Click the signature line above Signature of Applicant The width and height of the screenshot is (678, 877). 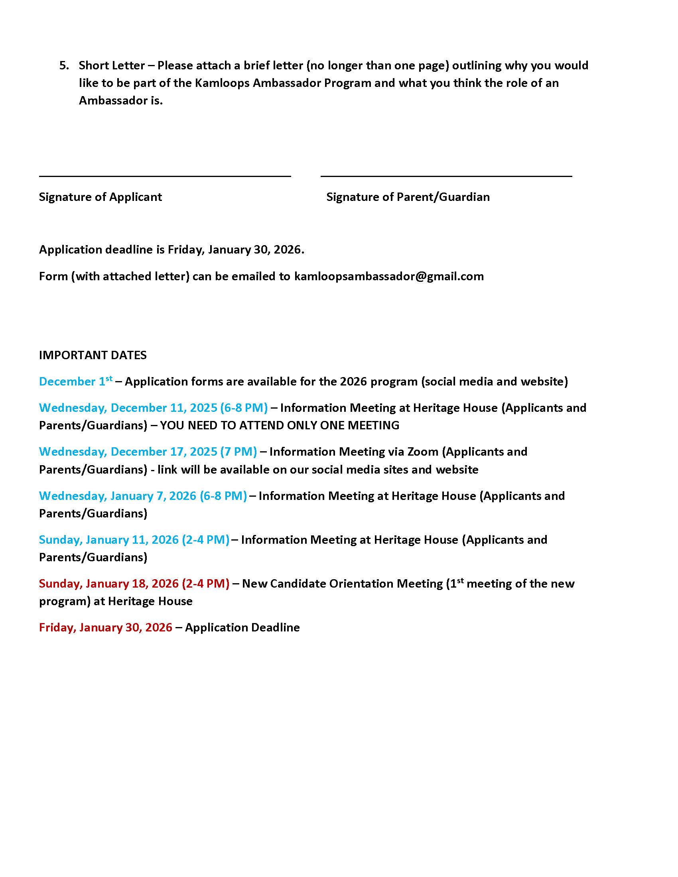click(x=165, y=176)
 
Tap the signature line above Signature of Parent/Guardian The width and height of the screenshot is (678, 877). click(x=446, y=176)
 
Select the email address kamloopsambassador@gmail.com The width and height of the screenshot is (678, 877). click(x=389, y=276)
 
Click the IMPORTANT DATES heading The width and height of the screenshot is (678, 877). click(x=93, y=355)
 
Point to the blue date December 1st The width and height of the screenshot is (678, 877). click(x=75, y=381)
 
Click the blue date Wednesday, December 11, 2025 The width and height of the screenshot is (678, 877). click(x=128, y=407)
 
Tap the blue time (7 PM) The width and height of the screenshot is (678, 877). click(x=238, y=451)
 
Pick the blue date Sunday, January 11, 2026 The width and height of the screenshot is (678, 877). click(x=109, y=539)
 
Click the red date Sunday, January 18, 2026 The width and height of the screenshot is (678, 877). click(x=109, y=584)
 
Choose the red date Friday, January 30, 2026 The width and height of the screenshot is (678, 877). click(x=106, y=627)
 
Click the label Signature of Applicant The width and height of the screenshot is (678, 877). click(x=101, y=197)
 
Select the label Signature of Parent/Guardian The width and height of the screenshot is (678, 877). click(x=408, y=197)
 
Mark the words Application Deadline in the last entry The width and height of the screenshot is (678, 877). click(x=242, y=627)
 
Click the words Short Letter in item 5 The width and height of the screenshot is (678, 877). click(x=112, y=65)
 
